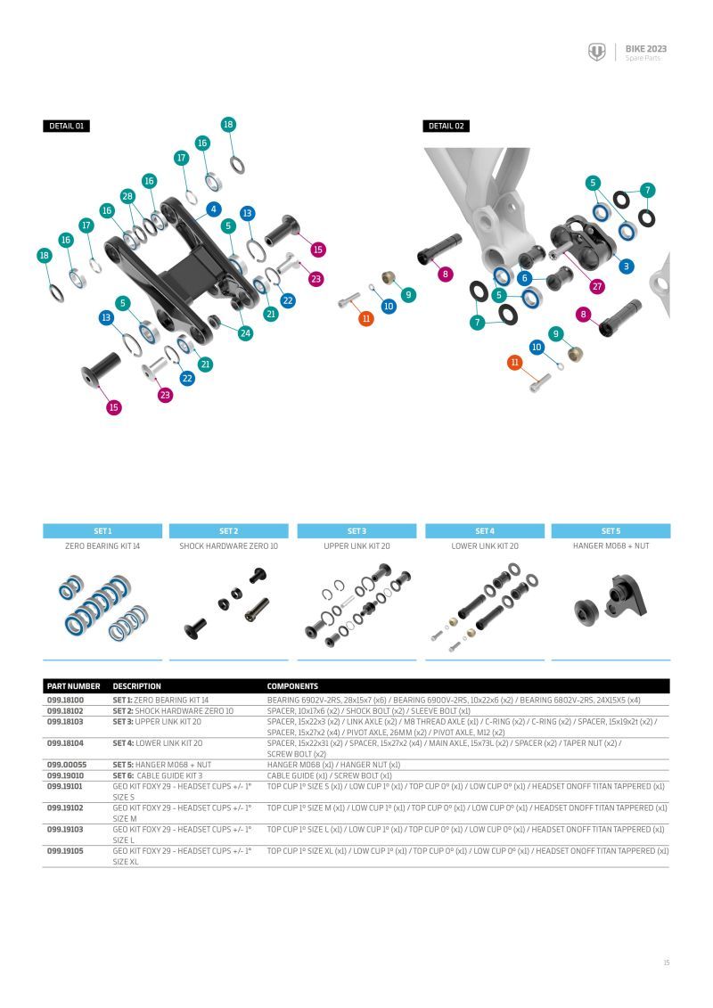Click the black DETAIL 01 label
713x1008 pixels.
pos(66,127)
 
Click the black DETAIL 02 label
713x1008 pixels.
pos(446,127)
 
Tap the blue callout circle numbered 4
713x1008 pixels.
pos(213,209)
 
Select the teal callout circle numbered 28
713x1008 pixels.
pos(127,196)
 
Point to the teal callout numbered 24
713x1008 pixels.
pos(245,333)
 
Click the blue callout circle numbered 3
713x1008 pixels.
pos(627,266)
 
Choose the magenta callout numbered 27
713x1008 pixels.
pos(597,286)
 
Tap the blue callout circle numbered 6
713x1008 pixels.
pos(525,278)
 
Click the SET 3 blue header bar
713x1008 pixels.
pos(356,531)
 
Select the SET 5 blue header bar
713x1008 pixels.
pos(611,531)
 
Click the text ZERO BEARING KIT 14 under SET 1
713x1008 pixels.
pos(102,546)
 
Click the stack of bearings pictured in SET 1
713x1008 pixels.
pos(102,606)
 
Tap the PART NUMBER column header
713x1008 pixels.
pos(73,687)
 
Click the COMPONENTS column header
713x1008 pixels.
pos(292,687)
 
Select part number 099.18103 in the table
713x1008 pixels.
pos(65,721)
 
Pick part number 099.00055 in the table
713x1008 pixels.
pos(65,765)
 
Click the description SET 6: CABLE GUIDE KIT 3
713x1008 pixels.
pos(157,775)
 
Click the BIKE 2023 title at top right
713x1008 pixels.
pos(646,49)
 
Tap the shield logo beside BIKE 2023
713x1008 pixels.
pos(596,53)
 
